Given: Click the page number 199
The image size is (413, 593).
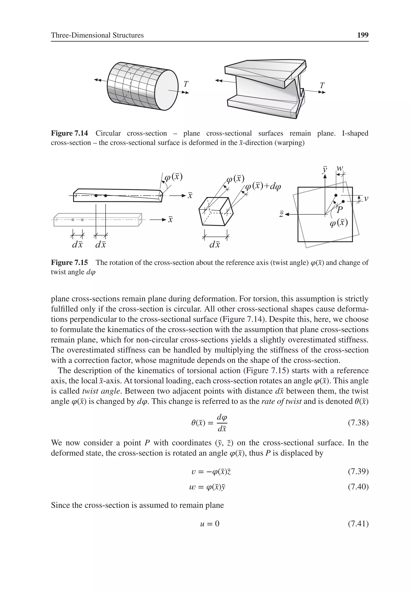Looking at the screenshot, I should tap(362, 35).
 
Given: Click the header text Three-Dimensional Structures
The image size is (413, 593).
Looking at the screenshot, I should tap(97, 35).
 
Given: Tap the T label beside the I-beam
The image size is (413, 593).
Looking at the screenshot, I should tap(322, 85).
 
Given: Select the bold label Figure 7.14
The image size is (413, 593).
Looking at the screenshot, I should tap(69, 133).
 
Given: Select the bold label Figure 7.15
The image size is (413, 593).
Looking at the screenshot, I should tap(69, 263).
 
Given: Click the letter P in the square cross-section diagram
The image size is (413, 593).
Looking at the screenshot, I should tap(340, 210).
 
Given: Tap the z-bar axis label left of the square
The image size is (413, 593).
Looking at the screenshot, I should tap(281, 214).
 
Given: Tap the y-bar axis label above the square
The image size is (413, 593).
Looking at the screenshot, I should tap(325, 170).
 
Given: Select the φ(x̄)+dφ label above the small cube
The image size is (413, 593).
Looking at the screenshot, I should tap(263, 187).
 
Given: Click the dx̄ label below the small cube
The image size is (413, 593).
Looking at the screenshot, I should tap(215, 244).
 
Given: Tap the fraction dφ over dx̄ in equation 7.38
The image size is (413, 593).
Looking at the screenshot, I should tap(222, 423).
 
